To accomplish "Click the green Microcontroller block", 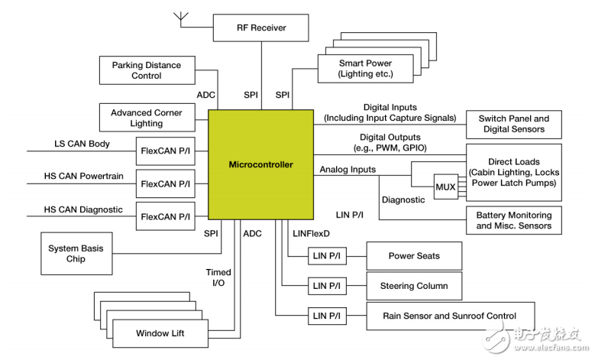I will click(x=260, y=164).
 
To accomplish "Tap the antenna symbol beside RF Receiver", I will click(x=181, y=17).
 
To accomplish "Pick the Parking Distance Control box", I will click(x=147, y=70).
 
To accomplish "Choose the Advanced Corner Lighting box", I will click(x=147, y=118).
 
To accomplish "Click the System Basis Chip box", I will click(x=76, y=254).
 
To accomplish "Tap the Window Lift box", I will click(x=160, y=333).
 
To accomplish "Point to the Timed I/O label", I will click(x=218, y=277).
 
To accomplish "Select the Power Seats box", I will click(x=414, y=256).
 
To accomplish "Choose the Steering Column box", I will click(x=414, y=286).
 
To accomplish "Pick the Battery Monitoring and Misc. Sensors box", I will click(x=513, y=221).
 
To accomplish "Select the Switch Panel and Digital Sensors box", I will click(x=513, y=124).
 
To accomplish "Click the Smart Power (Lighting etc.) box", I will click(x=364, y=69).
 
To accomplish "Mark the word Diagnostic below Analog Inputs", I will click(x=403, y=199).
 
